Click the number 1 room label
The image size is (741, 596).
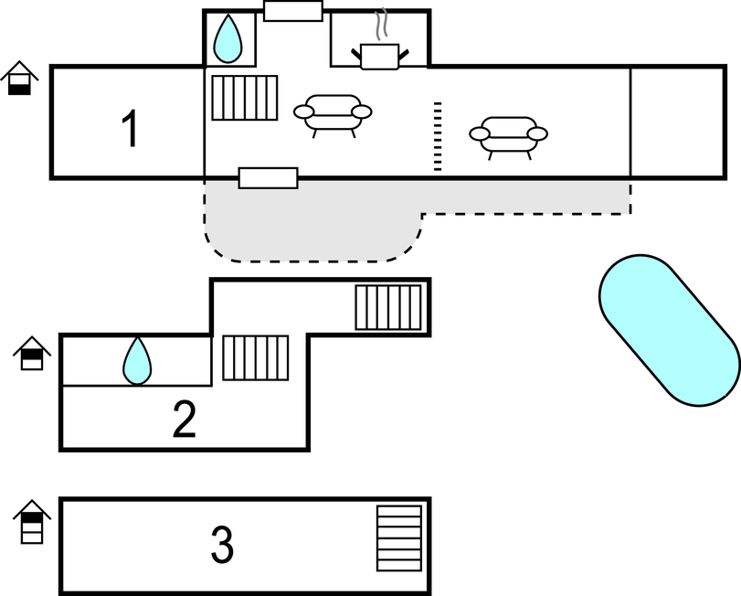pyautogui.click(x=131, y=129)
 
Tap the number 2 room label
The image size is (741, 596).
pyautogui.click(x=185, y=419)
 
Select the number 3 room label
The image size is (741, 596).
pyautogui.click(x=222, y=546)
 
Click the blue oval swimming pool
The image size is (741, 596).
pyautogui.click(x=669, y=329)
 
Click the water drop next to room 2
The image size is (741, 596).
pyautogui.click(x=137, y=361)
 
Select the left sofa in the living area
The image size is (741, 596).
pyautogui.click(x=333, y=114)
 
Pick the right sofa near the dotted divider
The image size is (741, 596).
pyautogui.click(x=508, y=135)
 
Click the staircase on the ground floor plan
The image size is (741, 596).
pyautogui.click(x=245, y=97)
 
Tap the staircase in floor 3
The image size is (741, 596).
pyautogui.click(x=399, y=537)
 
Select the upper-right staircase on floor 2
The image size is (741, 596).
pyautogui.click(x=389, y=308)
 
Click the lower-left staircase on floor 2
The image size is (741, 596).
pyautogui.click(x=256, y=357)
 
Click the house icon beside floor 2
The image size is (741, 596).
pyautogui.click(x=31, y=353)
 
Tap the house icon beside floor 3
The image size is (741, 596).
pyautogui.click(x=32, y=521)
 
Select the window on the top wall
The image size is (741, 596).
pyautogui.click(x=293, y=11)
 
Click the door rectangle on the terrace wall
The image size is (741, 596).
pyautogui.click(x=268, y=177)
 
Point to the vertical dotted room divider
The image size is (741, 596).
pyautogui.click(x=438, y=136)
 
